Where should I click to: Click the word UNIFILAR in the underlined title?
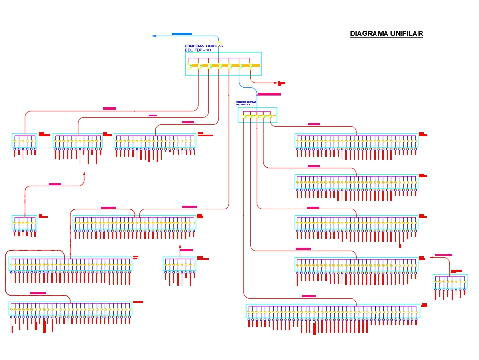(406, 34)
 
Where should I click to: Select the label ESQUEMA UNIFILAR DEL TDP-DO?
(204, 48)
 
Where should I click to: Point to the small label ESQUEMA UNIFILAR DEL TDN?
(246, 103)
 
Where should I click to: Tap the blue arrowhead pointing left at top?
(154, 36)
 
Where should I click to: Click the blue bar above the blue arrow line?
(182, 34)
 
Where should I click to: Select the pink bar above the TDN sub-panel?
(269, 94)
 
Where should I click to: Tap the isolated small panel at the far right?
(450, 281)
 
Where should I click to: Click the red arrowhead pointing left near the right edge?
(431, 257)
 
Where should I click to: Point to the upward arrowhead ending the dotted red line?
(84, 174)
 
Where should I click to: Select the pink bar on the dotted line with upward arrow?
(55, 184)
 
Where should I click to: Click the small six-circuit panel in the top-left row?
(25, 140)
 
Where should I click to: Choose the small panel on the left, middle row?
(24, 222)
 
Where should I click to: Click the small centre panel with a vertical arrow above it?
(180, 265)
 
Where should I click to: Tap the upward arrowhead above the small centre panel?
(180, 246)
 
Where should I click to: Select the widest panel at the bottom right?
(333, 311)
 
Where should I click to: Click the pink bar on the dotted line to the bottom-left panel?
(38, 293)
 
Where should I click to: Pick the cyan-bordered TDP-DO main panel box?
(223, 64)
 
